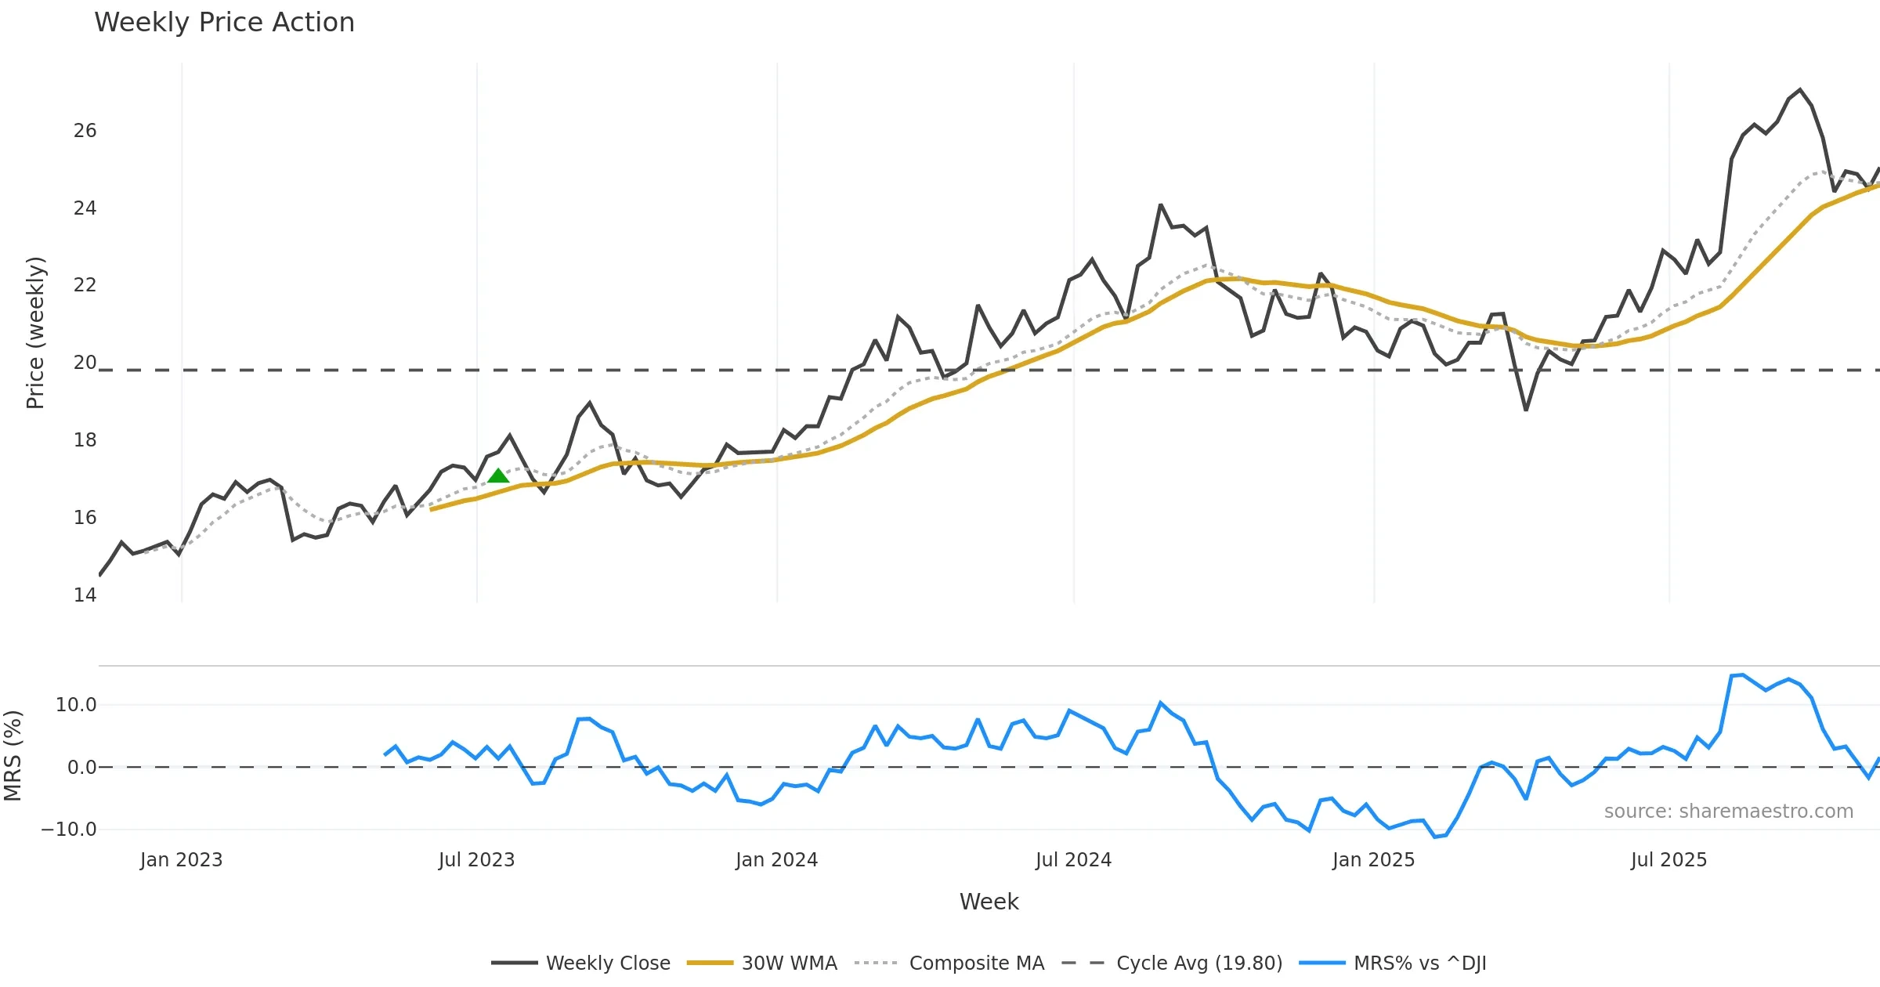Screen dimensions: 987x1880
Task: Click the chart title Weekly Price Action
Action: point(224,23)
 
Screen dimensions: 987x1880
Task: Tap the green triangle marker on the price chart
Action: point(498,475)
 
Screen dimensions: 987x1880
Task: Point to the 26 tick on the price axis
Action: point(85,131)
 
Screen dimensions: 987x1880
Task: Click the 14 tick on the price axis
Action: point(85,595)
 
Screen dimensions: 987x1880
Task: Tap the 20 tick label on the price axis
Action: point(85,363)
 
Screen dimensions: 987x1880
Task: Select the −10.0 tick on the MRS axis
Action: point(69,830)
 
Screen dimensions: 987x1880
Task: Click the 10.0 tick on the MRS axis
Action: point(76,705)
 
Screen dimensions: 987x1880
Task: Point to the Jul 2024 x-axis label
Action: point(1073,860)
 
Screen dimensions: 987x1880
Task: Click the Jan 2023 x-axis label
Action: point(181,860)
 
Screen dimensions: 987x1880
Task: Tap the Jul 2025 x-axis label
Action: point(1668,860)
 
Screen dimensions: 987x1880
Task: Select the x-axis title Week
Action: point(989,902)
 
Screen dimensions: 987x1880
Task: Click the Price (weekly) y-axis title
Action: point(35,333)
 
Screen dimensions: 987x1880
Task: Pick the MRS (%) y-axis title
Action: point(13,756)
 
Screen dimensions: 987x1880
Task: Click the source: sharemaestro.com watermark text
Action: point(1728,812)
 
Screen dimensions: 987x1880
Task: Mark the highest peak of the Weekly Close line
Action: point(1800,90)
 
